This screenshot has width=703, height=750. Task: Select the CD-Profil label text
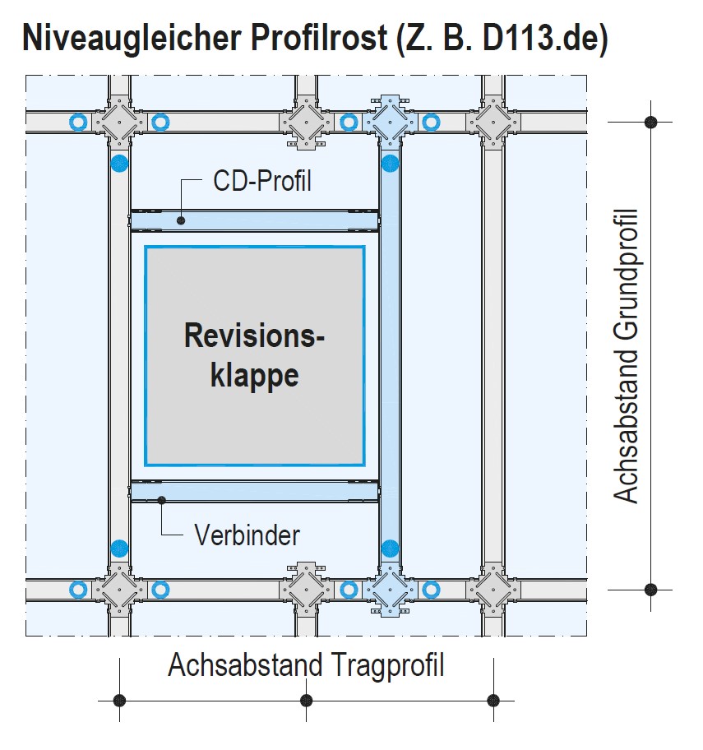click(x=262, y=181)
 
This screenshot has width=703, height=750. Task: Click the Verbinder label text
click(x=247, y=535)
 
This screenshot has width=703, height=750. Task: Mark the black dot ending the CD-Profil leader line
click(x=182, y=220)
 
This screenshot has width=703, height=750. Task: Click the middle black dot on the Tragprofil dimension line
click(x=307, y=701)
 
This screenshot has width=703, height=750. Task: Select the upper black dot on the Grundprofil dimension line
click(x=651, y=122)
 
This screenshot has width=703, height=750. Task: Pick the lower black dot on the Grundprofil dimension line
click(x=651, y=590)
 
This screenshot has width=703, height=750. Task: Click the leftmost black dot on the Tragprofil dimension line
click(x=120, y=701)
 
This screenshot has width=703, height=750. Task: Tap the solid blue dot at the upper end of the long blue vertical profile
click(x=390, y=163)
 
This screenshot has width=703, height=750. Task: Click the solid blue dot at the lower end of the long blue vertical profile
click(x=390, y=548)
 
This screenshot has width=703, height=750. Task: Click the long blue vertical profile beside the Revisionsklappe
click(x=390, y=354)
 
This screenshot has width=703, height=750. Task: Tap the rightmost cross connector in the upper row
click(x=493, y=122)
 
